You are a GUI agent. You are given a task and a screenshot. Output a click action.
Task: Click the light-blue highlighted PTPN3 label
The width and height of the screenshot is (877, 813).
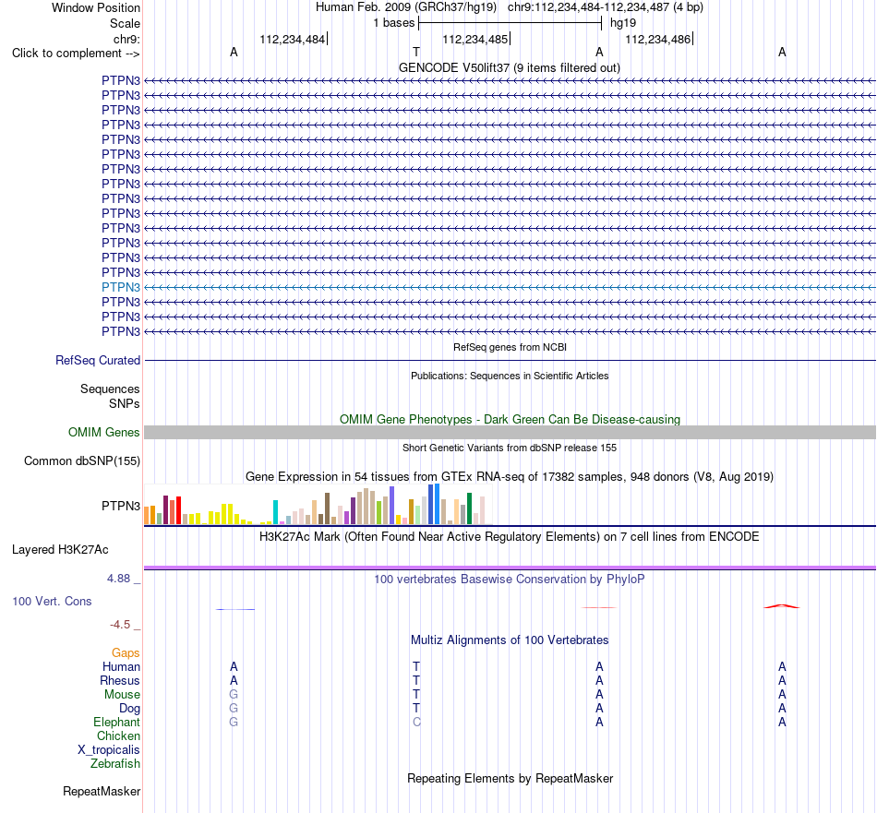pyautogui.click(x=121, y=287)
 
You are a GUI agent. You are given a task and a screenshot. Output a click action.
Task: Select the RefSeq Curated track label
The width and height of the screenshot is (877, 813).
pyautogui.click(x=98, y=361)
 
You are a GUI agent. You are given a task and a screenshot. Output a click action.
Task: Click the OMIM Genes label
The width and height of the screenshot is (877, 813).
pyautogui.click(x=104, y=432)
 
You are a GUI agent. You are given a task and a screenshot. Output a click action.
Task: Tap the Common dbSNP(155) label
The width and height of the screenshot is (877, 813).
pyautogui.click(x=82, y=460)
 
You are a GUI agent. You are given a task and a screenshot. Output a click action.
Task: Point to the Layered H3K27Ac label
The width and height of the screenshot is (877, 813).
pyautogui.click(x=60, y=550)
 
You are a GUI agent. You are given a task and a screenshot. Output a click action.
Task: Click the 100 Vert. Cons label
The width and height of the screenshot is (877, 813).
pyautogui.click(x=52, y=601)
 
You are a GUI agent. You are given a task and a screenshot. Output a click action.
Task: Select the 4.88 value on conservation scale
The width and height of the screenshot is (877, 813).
pyautogui.click(x=118, y=579)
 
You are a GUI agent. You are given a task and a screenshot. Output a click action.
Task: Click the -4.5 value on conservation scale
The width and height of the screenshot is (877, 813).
pyautogui.click(x=120, y=625)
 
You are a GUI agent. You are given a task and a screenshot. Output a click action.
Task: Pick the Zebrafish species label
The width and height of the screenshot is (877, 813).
pyautogui.click(x=115, y=764)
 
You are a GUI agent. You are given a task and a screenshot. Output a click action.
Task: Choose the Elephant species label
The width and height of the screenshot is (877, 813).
pyautogui.click(x=117, y=723)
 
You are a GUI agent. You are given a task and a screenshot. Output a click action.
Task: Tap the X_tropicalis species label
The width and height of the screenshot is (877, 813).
pyautogui.click(x=109, y=750)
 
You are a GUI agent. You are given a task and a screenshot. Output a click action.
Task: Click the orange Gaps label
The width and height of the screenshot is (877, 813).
pyautogui.click(x=126, y=653)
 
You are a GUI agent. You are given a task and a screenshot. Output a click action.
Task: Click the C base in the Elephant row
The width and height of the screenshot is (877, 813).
pyautogui.click(x=416, y=723)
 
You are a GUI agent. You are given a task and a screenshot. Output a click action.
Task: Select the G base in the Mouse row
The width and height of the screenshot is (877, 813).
pyautogui.click(x=234, y=695)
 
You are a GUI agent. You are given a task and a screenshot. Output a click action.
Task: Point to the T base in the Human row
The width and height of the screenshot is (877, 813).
pyautogui.click(x=416, y=666)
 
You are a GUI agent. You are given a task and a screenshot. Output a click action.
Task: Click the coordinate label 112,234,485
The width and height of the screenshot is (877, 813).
pyautogui.click(x=475, y=39)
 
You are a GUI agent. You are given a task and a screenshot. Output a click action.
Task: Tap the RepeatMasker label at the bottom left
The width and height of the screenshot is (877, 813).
pyautogui.click(x=102, y=791)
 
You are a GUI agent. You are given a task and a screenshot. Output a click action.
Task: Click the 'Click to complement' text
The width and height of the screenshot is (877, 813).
pyautogui.click(x=66, y=54)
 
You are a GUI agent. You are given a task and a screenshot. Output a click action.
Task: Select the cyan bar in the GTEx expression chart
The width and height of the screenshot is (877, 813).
pyautogui.click(x=275, y=512)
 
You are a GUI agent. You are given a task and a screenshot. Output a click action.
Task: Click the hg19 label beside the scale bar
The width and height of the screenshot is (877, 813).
pyautogui.click(x=623, y=23)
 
